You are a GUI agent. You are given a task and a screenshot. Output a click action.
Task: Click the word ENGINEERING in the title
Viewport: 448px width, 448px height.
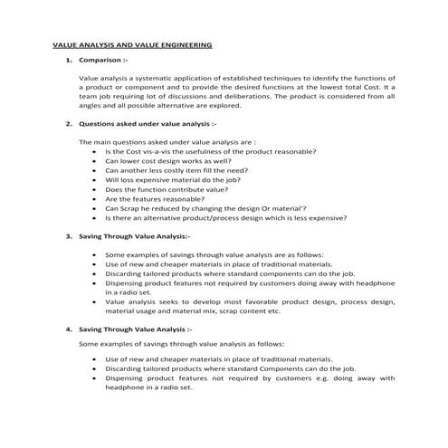click(x=180, y=43)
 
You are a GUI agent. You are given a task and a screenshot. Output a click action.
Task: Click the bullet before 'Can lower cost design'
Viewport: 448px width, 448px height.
click(x=95, y=161)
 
